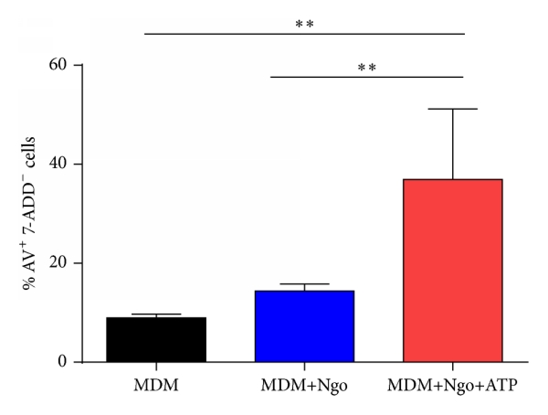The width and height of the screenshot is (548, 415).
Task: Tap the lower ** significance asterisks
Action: click(366, 67)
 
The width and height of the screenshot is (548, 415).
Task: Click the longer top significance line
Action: click(304, 35)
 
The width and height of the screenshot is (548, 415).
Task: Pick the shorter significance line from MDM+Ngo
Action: click(366, 77)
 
